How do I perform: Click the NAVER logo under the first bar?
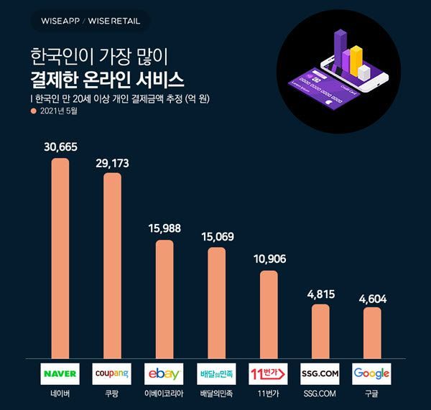click(60, 373)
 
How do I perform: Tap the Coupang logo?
click(112, 373)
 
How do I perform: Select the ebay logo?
click(164, 373)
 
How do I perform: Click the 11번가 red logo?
click(268, 373)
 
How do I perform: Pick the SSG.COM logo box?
click(320, 373)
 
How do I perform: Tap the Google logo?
click(371, 373)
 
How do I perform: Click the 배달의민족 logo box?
click(216, 373)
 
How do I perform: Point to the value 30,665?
click(60, 147)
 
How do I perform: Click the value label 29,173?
click(112, 164)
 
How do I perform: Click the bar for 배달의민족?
click(216, 302)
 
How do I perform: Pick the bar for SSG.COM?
click(320, 330)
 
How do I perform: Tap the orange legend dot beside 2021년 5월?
click(32, 112)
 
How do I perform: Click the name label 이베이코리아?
click(164, 394)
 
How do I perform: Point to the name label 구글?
click(371, 394)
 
